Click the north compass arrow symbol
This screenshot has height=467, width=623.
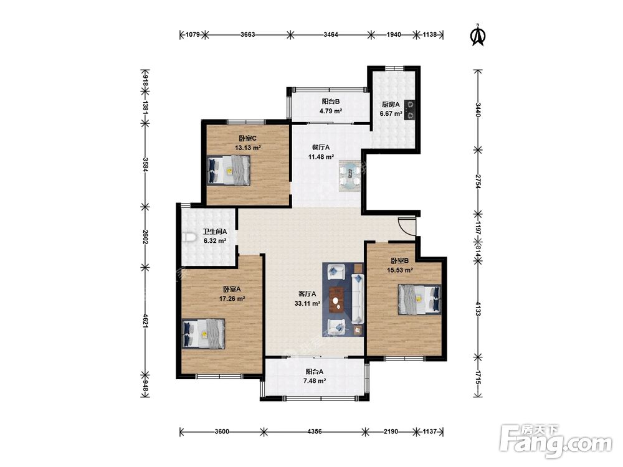(x=478, y=35)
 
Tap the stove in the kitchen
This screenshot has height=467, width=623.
(x=410, y=110)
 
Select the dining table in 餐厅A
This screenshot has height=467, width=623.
(x=350, y=176)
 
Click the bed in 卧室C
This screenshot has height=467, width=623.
(x=229, y=170)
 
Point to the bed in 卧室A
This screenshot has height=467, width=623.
(x=204, y=334)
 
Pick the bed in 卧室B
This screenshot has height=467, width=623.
(x=419, y=300)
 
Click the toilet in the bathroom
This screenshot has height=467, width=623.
(x=190, y=238)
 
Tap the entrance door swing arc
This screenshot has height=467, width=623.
(x=406, y=227)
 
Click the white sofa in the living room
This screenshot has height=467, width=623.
(x=357, y=298)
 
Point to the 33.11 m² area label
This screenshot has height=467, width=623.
(x=307, y=304)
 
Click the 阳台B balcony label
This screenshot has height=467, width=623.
(x=331, y=101)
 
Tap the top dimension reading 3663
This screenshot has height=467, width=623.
(x=247, y=34)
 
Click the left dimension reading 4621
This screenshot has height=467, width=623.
(x=145, y=321)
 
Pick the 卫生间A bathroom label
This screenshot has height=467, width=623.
(x=215, y=232)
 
